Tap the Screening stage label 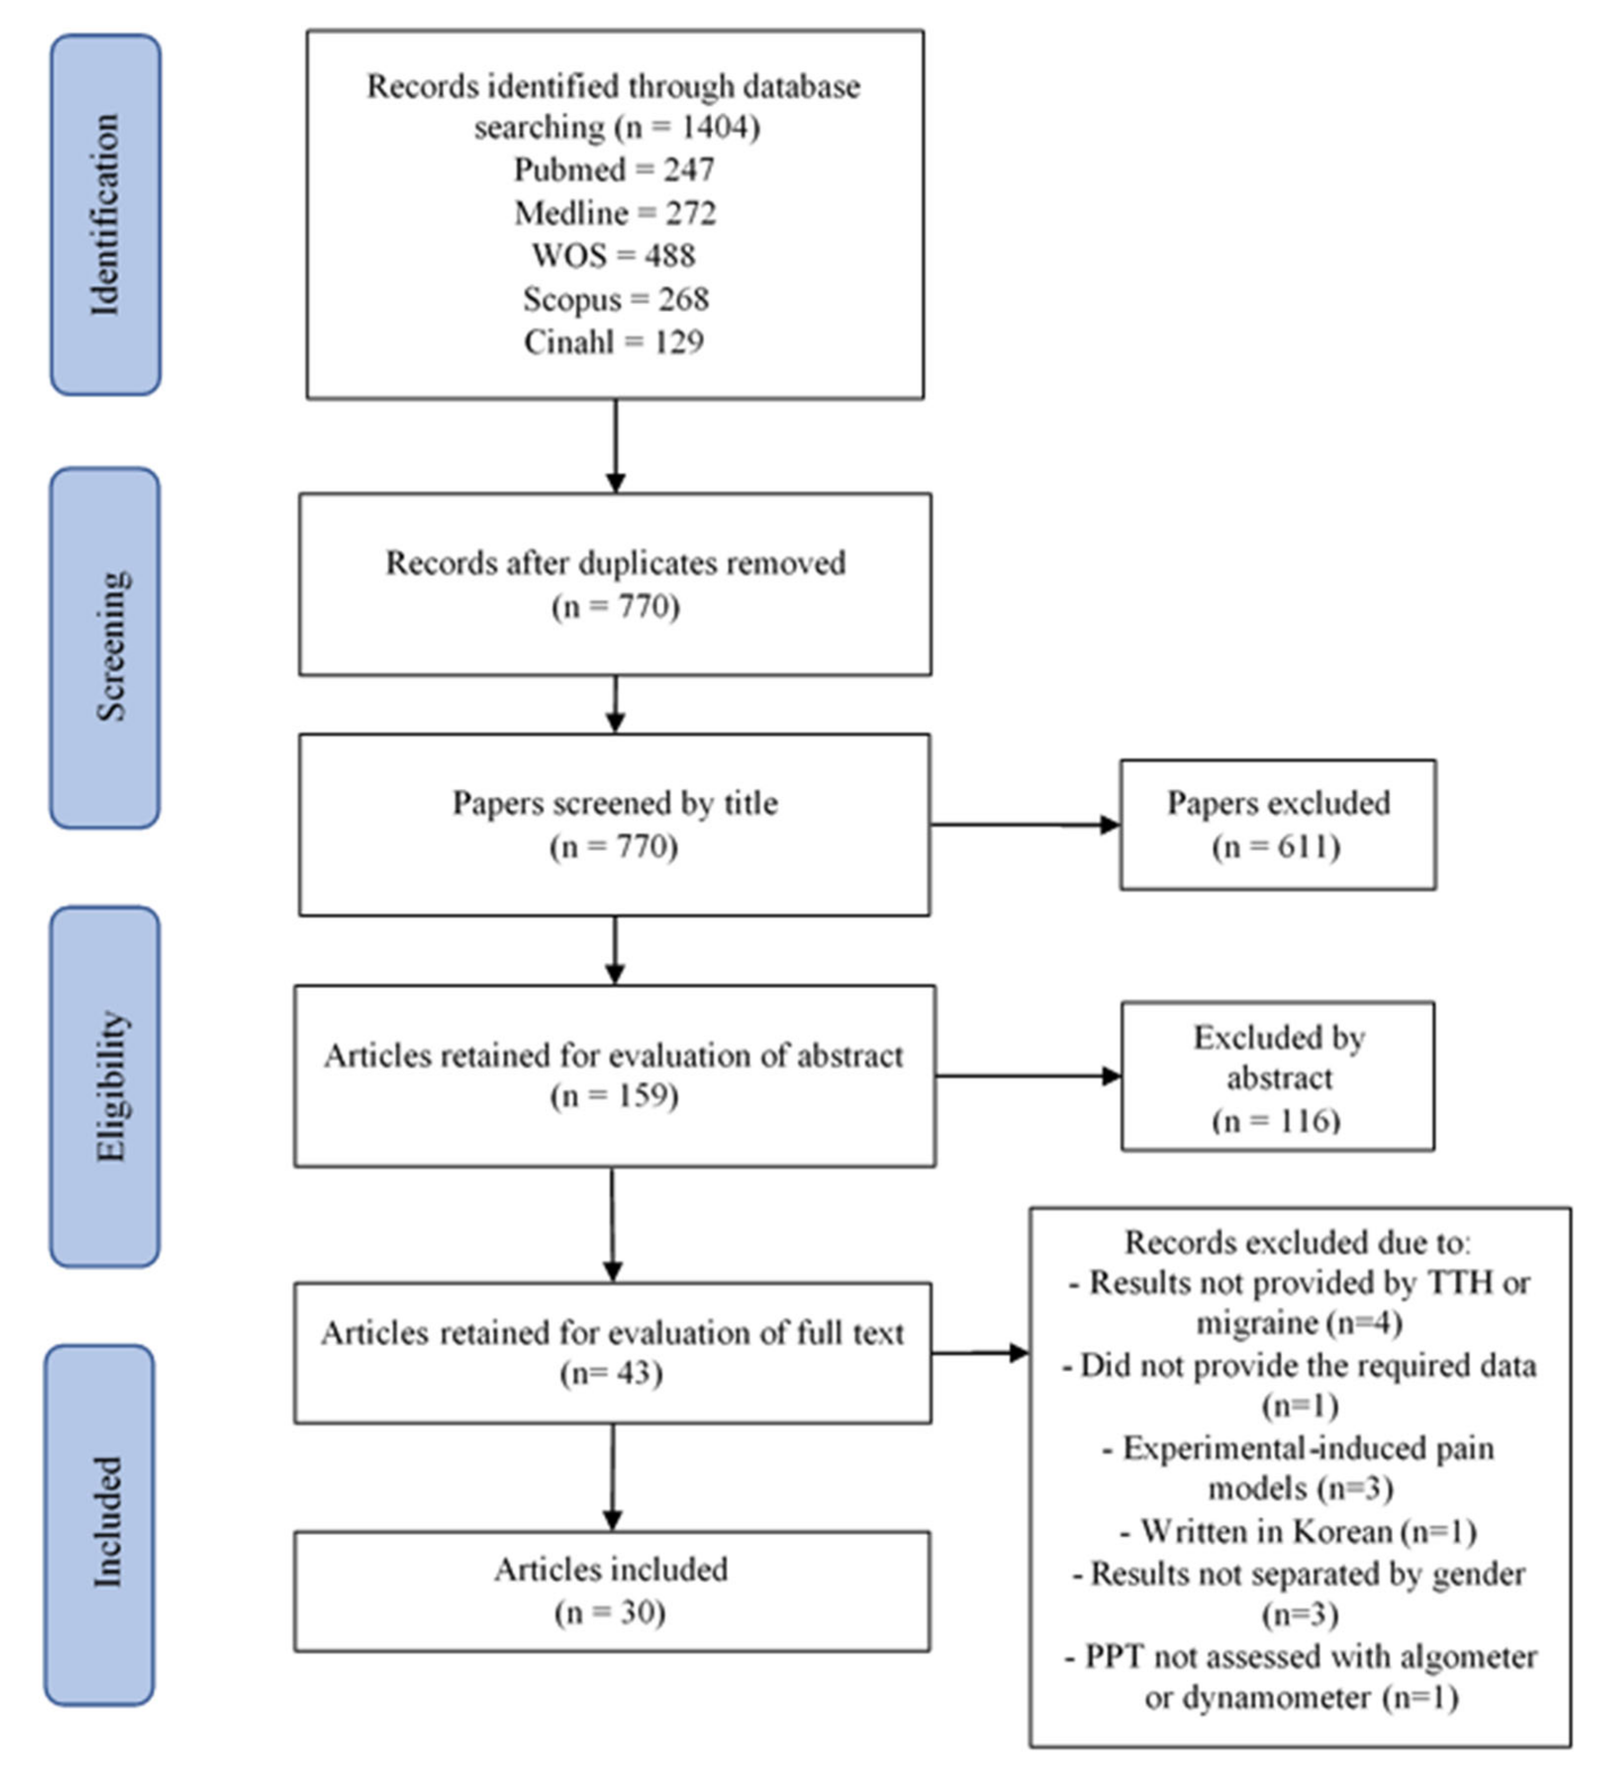tap(106, 647)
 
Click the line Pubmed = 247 tap(614, 169)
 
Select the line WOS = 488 tap(614, 256)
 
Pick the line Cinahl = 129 tap(614, 342)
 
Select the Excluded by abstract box tap(1278, 1076)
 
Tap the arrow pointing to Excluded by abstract tap(1028, 1076)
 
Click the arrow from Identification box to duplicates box tap(616, 445)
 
